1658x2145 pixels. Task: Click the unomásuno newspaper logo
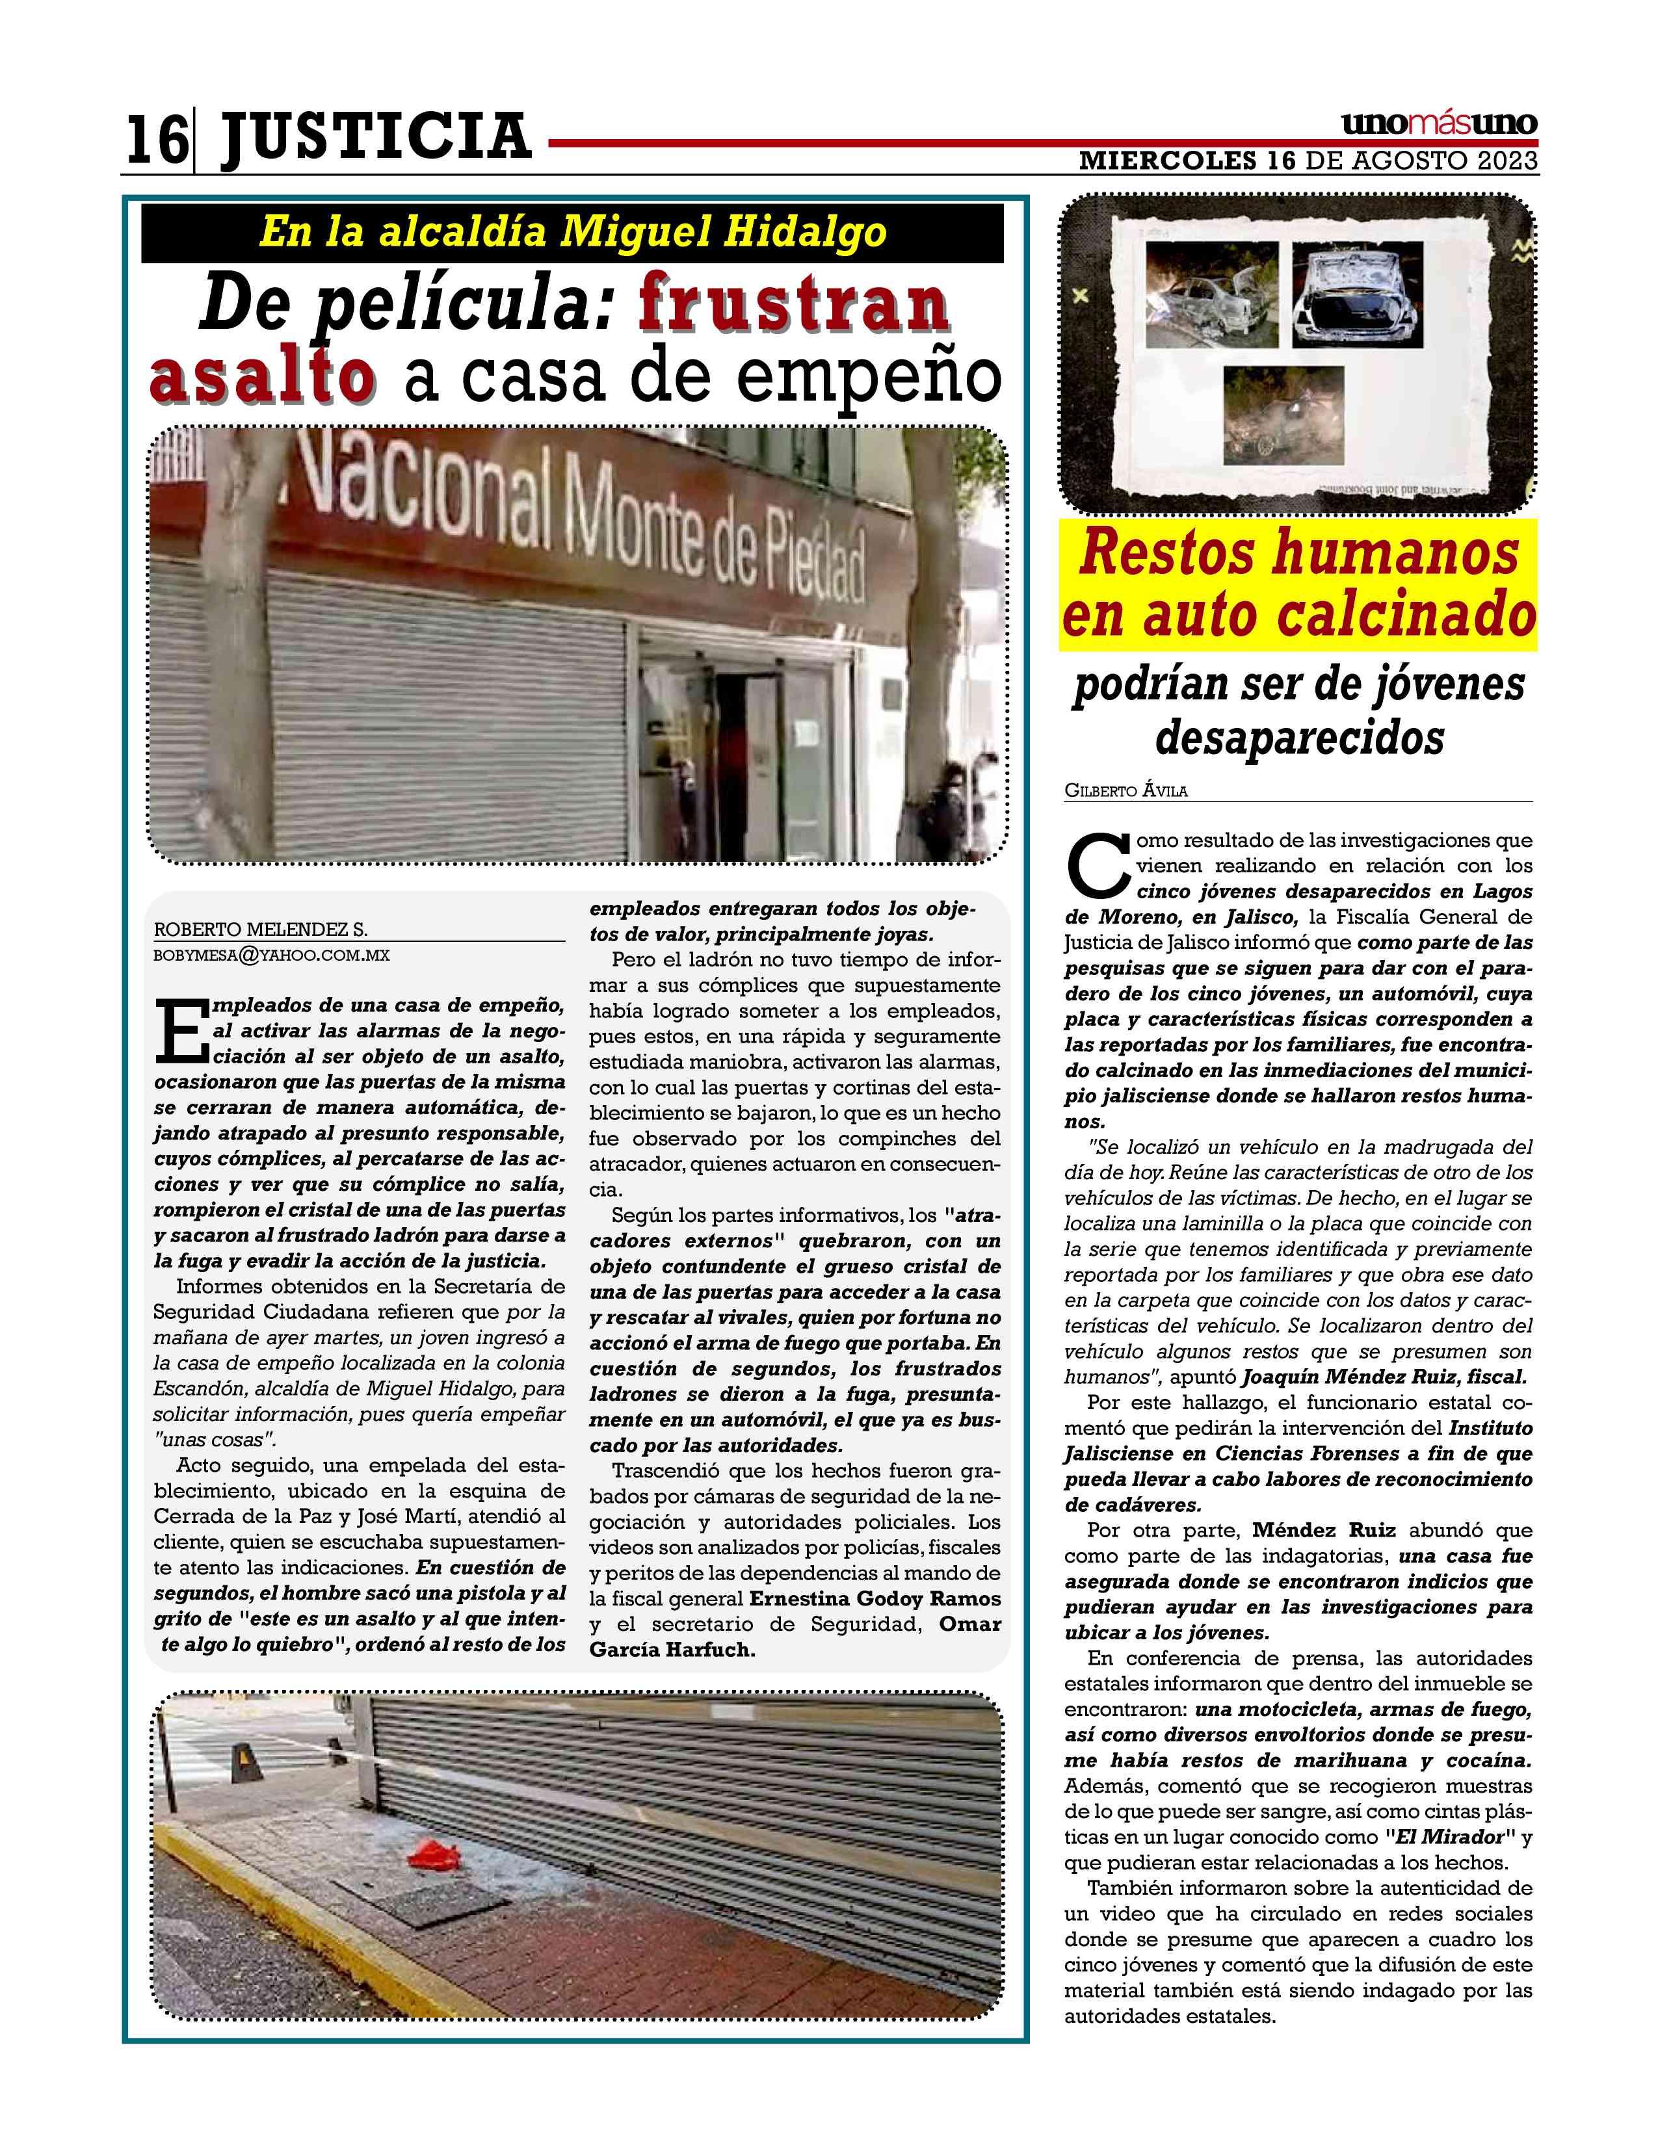[x=1439, y=125]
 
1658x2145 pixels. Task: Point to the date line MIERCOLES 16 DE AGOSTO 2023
[x=1308, y=161]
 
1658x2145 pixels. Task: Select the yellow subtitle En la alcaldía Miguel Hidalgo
[x=573, y=233]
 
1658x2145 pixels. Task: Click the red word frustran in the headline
[x=794, y=307]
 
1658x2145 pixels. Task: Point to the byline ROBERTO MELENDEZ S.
[x=260, y=930]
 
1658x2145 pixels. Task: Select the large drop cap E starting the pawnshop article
[x=179, y=1030]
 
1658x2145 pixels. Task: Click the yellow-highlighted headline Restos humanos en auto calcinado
[x=1298, y=586]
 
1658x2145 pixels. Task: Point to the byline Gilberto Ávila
[x=1125, y=790]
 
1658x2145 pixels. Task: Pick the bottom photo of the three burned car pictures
[x=1283, y=415]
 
